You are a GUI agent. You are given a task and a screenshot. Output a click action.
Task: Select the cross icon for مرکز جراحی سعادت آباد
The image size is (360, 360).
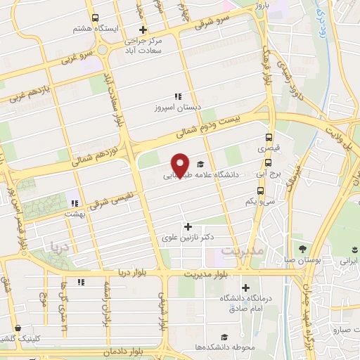coord(143,30)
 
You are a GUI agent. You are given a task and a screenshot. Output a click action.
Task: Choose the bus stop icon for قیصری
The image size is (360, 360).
coord(268,138)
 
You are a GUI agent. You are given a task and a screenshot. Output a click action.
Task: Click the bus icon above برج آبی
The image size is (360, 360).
coord(269,160)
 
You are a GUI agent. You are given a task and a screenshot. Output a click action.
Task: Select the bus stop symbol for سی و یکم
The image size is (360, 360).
coord(261,190)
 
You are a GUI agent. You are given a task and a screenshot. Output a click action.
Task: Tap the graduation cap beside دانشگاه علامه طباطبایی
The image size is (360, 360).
coord(201,161)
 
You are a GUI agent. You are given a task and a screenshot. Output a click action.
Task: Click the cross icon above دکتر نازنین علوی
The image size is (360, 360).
coord(188,226)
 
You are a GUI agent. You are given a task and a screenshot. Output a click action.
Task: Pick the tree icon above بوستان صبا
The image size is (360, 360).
coord(302,249)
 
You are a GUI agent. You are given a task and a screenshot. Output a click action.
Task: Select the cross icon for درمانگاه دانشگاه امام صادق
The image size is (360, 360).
coord(245,287)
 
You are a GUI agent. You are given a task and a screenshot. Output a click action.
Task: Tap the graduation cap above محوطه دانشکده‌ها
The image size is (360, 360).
coord(224,337)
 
